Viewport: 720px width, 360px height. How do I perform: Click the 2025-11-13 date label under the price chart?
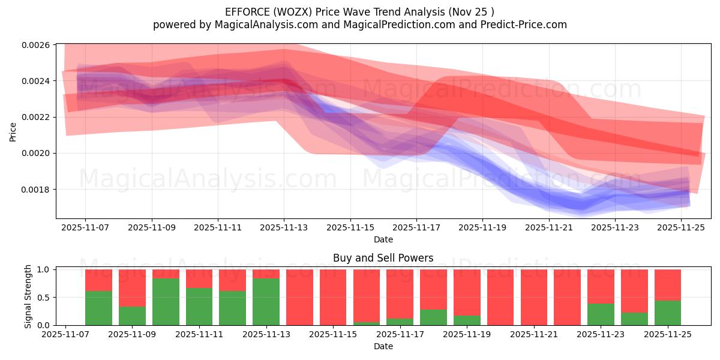point(284,228)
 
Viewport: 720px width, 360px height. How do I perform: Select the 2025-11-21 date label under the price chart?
point(548,228)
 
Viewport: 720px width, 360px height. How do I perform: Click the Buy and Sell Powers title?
point(383,259)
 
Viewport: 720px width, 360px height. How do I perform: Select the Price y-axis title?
point(13,131)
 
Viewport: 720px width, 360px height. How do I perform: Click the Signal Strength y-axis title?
point(28,297)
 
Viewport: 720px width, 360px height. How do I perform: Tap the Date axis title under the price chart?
point(383,239)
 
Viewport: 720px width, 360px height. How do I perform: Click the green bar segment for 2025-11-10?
point(166,302)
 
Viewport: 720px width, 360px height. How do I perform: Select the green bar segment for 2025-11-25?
point(667,313)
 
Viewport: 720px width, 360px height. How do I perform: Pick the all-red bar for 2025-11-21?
point(533,297)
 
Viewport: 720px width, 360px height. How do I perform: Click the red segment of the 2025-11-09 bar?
point(132,288)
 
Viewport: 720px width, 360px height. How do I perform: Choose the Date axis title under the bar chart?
point(383,346)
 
